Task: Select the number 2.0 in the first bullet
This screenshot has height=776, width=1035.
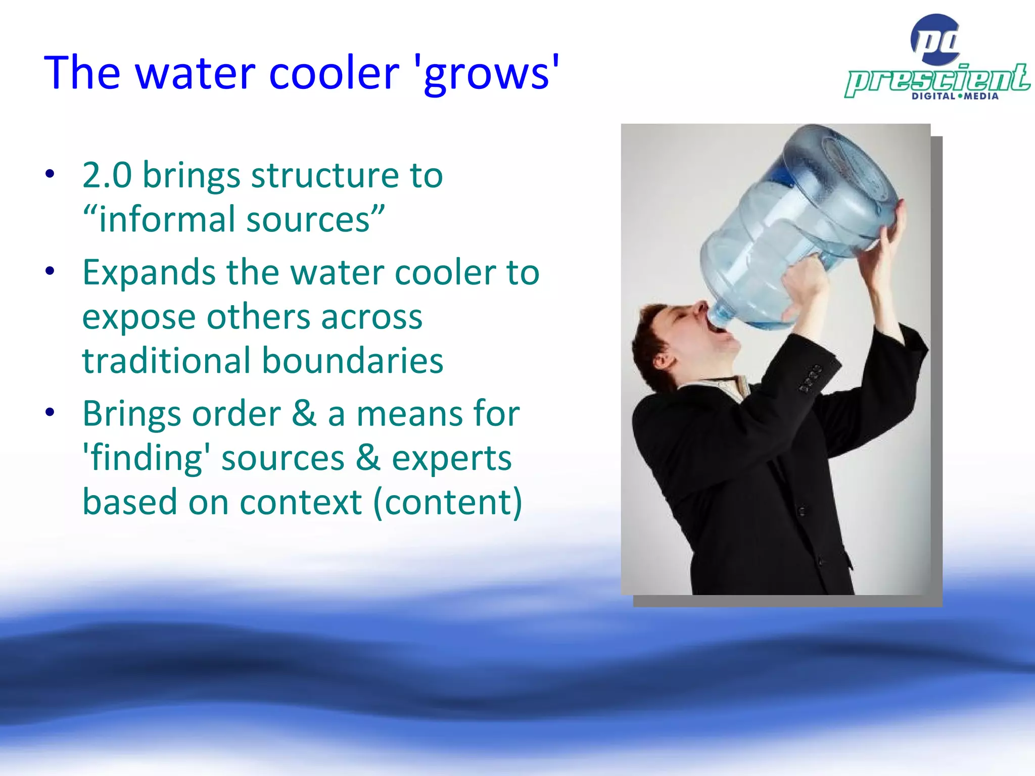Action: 107,175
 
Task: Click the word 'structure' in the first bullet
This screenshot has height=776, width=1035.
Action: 325,175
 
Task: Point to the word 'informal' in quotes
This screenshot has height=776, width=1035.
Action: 167,220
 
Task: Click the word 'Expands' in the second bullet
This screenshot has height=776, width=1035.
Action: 150,273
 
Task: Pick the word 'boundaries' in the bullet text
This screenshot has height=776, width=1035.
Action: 352,361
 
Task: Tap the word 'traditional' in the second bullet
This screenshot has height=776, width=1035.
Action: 167,361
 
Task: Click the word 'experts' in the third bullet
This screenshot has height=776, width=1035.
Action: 452,459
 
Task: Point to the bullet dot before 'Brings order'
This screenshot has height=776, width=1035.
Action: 50,413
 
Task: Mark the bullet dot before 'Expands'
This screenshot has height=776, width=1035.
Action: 50,271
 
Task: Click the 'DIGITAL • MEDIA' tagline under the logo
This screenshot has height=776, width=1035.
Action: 955,96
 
